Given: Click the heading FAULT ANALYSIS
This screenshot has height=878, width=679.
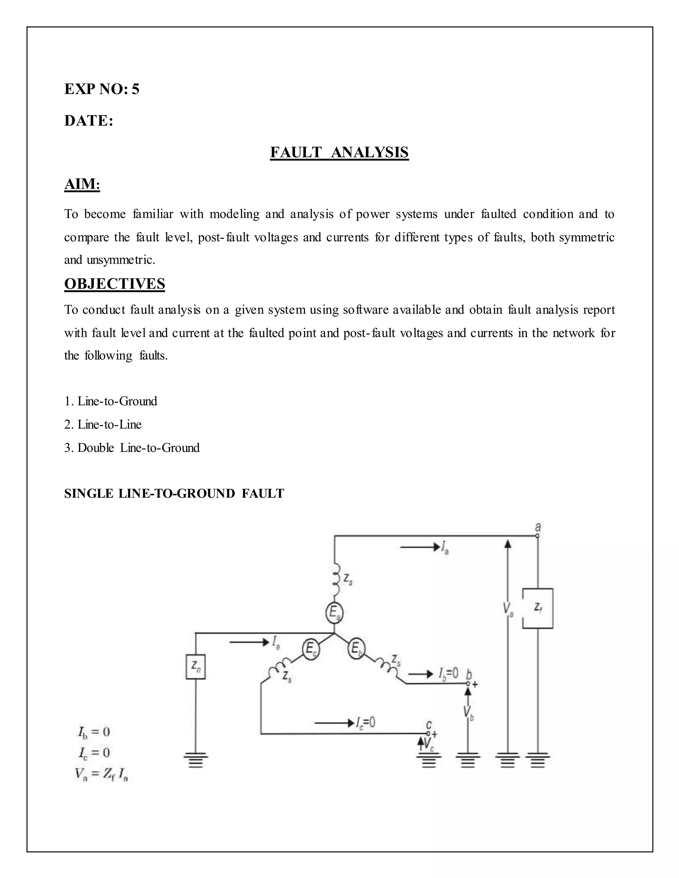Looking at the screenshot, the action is (339, 152).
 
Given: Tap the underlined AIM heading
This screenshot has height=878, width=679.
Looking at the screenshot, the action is (82, 184).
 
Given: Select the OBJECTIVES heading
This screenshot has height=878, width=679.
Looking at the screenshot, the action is (115, 284).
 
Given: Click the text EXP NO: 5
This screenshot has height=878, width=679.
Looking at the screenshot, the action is (102, 89).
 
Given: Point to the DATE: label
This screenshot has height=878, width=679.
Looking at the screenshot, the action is (89, 121).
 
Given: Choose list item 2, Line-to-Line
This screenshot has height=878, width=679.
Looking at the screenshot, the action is (103, 424).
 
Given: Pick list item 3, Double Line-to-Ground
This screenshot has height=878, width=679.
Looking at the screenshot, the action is (132, 448).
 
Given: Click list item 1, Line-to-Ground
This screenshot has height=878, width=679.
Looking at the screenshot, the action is (111, 401).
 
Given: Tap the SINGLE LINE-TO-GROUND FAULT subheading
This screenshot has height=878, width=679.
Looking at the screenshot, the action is (174, 494).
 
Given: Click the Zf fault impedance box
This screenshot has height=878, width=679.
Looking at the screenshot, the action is (537, 608).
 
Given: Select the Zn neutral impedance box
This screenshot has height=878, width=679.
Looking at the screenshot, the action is (196, 667).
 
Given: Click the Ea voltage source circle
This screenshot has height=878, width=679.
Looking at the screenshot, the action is (334, 613).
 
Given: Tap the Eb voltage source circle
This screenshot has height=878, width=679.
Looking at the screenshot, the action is (356, 648).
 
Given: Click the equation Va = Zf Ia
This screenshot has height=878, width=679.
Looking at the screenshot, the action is (101, 774).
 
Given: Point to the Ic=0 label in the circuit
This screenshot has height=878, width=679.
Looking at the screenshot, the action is (365, 723).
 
